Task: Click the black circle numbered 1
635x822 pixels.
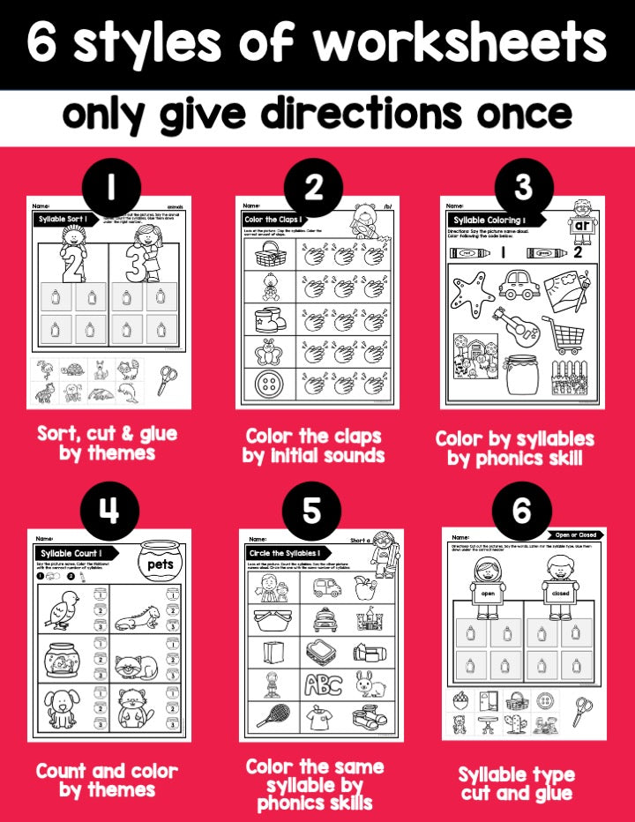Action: (109, 187)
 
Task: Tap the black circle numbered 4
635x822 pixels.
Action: (109, 511)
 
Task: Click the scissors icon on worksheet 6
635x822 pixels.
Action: (580, 706)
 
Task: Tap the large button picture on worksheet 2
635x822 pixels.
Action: (266, 385)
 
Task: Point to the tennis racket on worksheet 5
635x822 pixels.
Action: (267, 714)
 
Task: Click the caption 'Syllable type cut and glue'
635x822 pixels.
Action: (516, 784)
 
